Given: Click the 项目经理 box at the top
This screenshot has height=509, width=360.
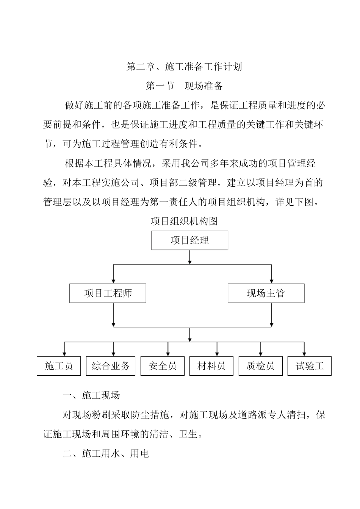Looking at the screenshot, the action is point(189,240).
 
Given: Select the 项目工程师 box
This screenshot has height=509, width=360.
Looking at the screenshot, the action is point(108,293).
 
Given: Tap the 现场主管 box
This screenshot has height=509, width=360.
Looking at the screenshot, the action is point(266,293).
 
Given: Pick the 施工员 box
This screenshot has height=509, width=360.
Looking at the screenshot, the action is point(59,366).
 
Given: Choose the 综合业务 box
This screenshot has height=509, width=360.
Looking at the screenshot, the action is point(111,366).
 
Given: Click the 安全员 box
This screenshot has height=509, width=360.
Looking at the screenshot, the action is point(163,366).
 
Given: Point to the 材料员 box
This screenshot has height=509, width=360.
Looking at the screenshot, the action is point(211,366).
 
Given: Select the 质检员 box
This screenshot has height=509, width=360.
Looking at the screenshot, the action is point(260,366).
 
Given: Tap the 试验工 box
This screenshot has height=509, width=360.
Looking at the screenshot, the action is point(310,366).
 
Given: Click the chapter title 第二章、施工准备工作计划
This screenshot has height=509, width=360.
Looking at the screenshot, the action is point(184,67).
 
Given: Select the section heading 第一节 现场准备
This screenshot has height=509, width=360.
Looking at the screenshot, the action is point(184,86).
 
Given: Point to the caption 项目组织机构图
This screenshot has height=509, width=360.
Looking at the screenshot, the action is point(184,221).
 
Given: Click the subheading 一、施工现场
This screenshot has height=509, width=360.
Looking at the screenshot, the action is point(91,395).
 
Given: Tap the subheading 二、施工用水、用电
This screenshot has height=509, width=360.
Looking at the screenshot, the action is point(106,453).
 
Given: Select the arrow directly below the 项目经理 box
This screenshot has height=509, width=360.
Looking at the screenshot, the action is point(190,257).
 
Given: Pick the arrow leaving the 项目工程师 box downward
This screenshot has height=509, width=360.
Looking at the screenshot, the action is point(113,315).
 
